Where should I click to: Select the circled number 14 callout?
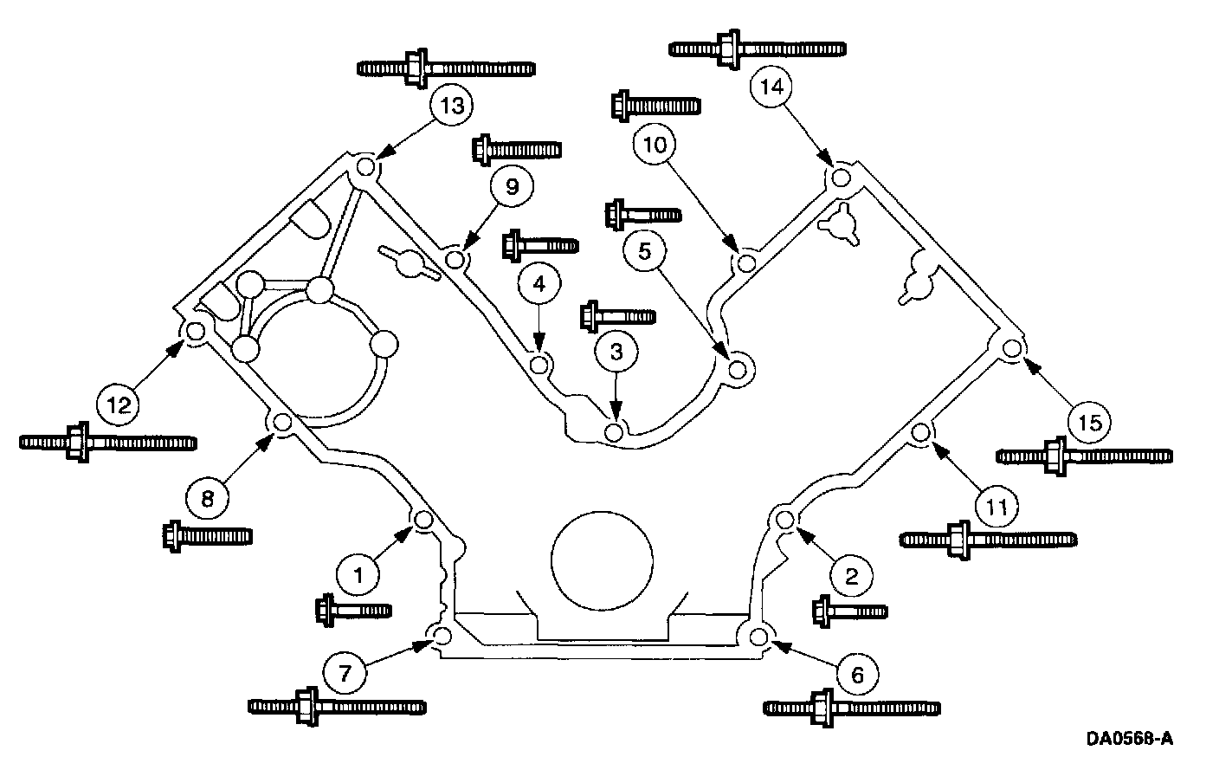point(771,86)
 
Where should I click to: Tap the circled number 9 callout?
point(512,186)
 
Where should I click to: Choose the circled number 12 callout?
point(119,403)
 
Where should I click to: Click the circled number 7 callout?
point(345,674)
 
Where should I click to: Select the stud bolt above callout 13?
point(445,68)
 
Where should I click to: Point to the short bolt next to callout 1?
point(353,610)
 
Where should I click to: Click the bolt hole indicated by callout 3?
point(614,431)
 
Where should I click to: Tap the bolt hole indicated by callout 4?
point(539,365)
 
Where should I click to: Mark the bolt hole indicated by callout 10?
point(745,260)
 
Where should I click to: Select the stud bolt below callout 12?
point(107,442)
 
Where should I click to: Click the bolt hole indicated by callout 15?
point(1011,349)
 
